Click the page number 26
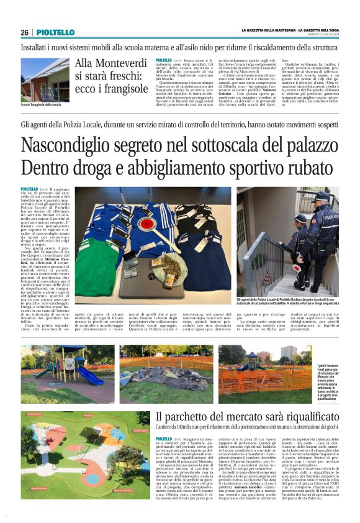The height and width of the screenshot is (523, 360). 24,32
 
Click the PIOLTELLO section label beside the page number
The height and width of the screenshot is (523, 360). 55,32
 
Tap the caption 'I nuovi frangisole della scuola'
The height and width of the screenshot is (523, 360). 41,105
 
